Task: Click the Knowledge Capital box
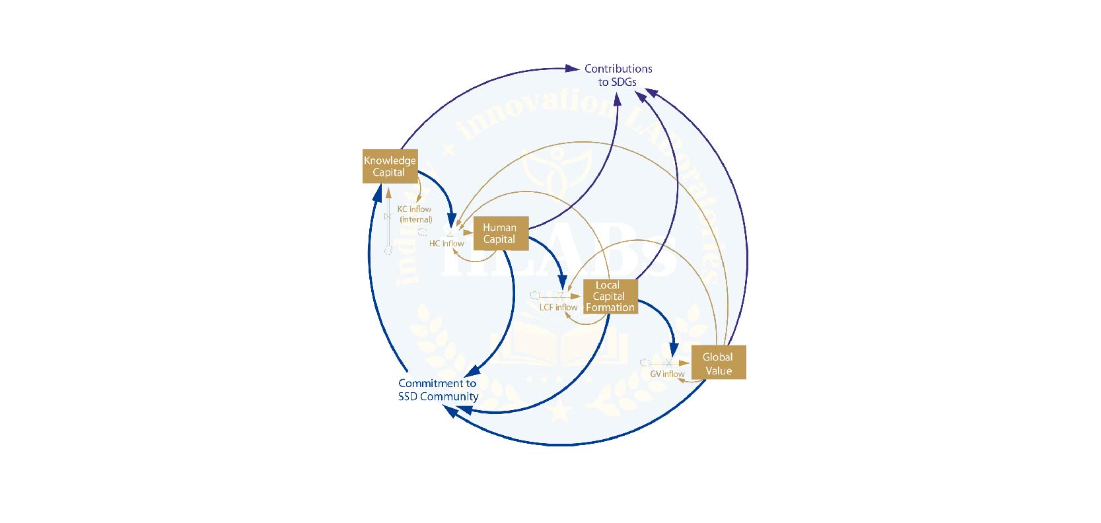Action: (x=390, y=166)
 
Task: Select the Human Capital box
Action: (x=501, y=234)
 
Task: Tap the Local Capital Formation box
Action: (x=610, y=296)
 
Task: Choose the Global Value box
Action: (x=718, y=363)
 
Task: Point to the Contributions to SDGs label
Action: (x=618, y=75)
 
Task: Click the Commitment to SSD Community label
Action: (x=438, y=390)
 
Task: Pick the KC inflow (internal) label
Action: (x=415, y=214)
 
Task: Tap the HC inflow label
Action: (x=446, y=244)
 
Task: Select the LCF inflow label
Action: (x=558, y=308)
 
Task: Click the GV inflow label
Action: (x=667, y=374)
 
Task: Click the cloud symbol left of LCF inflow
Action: (x=535, y=296)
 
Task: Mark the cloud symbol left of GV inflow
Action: (x=645, y=363)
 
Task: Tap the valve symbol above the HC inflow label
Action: (x=450, y=233)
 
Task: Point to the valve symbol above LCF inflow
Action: (x=561, y=296)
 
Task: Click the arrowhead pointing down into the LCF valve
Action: (x=562, y=283)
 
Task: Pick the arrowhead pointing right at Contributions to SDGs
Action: (x=573, y=68)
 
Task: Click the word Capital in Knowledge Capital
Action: (x=388, y=173)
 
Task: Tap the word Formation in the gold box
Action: (x=610, y=308)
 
